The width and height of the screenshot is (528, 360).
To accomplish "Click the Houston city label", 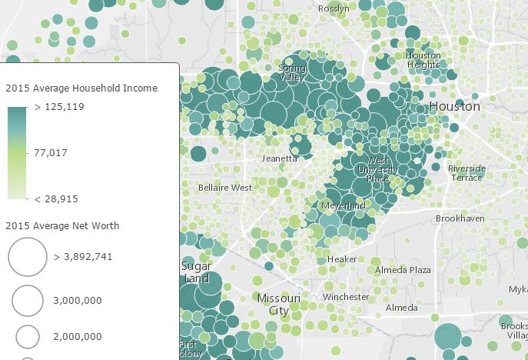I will pos(454,106).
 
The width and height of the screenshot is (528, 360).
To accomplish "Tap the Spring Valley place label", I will pos(291,73).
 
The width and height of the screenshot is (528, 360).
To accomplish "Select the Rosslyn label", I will pos(334,8).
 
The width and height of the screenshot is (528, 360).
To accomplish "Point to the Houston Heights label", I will pos(423,60).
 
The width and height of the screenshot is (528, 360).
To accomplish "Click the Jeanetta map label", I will pos(279,158).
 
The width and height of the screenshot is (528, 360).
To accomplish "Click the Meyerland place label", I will pos(343,206).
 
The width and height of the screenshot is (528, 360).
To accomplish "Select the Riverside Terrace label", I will pos(467,172).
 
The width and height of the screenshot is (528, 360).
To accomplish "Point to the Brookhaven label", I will pos(460,219).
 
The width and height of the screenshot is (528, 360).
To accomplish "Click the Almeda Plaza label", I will pos(403,270).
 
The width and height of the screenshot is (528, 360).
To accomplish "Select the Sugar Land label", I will pos(196,272).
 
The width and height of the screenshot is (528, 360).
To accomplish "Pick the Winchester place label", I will pos(346,297).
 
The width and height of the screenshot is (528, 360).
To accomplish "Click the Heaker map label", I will pos(342,259).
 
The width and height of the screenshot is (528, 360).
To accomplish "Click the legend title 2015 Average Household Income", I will pos(81,88).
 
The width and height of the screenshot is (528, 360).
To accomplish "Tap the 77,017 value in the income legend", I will pos(51,153).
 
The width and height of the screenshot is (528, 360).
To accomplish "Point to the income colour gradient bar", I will pos(17,153).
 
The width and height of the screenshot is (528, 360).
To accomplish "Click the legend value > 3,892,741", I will pos(83,257).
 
